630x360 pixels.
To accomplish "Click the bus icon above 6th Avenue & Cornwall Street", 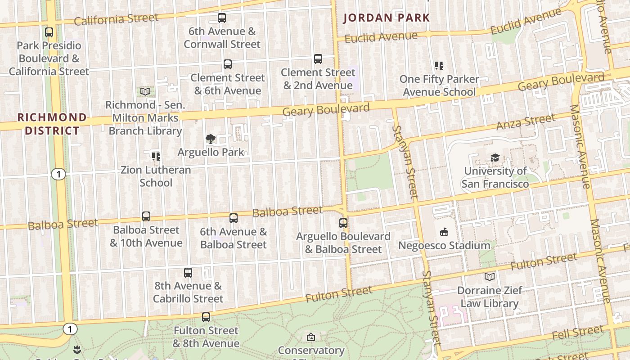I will coord(222,18).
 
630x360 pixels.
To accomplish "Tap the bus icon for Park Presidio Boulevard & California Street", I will coord(49,32).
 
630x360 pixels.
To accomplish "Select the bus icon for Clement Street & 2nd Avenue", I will coord(318,59).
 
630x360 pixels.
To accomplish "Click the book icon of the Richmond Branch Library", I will coord(145,92).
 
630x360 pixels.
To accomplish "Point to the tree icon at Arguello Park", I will coord(210,139).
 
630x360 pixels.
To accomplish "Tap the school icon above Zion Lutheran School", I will coord(156,157).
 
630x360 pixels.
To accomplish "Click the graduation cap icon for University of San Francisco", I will coord(495,157).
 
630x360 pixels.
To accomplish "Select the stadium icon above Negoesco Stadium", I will coord(444,232).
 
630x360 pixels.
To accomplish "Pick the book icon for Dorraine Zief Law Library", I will coord(490,277).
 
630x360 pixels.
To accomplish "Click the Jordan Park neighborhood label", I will coord(387,18).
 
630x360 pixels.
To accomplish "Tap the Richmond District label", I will coord(52,124).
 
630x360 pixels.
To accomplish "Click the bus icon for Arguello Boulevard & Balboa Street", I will coord(343,223).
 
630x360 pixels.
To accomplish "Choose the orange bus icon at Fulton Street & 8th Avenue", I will coord(206,317).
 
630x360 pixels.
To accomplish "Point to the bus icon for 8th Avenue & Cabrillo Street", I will coord(188,273).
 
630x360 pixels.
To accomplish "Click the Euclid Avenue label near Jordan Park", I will coord(381,37).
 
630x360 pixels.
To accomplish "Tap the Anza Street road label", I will coord(526,122).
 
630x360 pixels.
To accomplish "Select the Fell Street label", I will coord(577,333).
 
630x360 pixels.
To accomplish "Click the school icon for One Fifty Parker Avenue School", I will coord(439,66).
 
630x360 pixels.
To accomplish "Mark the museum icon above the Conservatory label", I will coord(310,337).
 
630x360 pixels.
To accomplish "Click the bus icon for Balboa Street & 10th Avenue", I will coord(146,216).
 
